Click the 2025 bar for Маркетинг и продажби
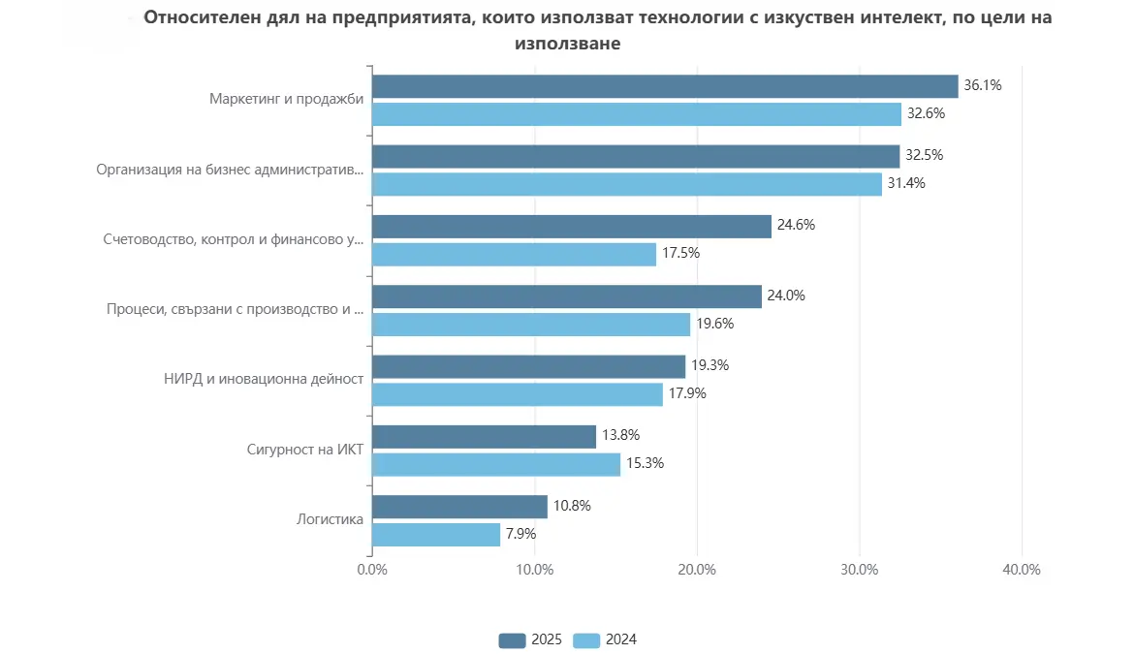[x=665, y=86]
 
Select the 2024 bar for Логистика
[x=436, y=535]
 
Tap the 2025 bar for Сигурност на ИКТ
[x=484, y=437]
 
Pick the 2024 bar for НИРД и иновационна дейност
[x=518, y=394]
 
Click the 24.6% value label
[x=796, y=225]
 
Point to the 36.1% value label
[x=982, y=85]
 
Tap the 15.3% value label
[x=645, y=463]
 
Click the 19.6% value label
[x=714, y=324]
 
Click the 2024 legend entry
[x=606, y=639]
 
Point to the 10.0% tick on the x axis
[x=535, y=570]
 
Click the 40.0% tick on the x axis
[x=1022, y=570]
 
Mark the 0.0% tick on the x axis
[x=372, y=570]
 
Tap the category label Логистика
[x=330, y=519]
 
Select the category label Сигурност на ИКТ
[x=307, y=450]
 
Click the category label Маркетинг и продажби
[x=286, y=99]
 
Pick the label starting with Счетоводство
[x=233, y=239]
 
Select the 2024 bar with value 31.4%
[x=627, y=184]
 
